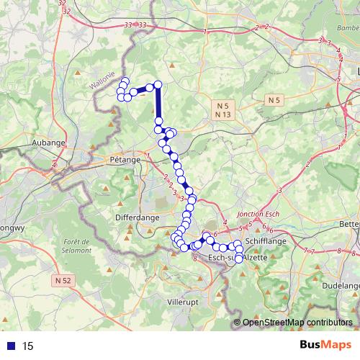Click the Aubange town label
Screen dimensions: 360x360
[x=49, y=143]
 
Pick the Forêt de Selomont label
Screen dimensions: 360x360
[x=77, y=246]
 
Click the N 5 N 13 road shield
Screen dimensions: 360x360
[x=222, y=109]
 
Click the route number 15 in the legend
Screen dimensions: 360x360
[x=28, y=346]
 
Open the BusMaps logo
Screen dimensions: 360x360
[x=324, y=346]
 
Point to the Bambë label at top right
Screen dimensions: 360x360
[x=344, y=27]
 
